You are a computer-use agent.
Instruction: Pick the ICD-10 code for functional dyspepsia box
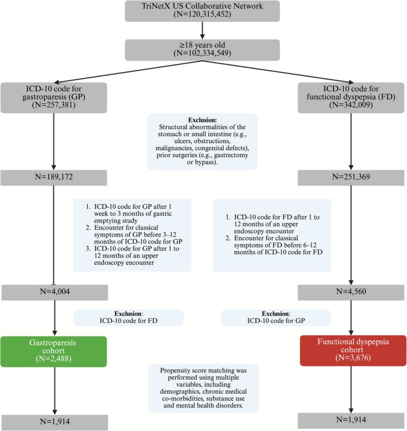351,97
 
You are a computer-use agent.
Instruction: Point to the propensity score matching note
203,388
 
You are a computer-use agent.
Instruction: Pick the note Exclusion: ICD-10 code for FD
128,318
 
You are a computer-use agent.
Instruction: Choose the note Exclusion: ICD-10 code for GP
277,318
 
